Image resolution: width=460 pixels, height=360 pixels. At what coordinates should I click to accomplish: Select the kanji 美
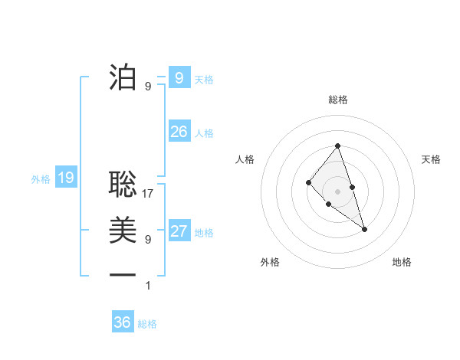tap(123, 230)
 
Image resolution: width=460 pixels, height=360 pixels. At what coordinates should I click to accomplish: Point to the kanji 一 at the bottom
tap(123, 274)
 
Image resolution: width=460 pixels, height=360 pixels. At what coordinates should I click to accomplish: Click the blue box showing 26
tap(179, 132)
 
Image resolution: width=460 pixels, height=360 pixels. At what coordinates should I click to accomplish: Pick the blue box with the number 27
tap(179, 231)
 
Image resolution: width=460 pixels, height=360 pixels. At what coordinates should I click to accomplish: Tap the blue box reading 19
tap(65, 178)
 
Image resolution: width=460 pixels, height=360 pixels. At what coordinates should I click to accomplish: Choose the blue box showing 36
tap(123, 322)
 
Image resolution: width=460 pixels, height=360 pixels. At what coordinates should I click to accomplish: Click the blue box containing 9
tap(179, 77)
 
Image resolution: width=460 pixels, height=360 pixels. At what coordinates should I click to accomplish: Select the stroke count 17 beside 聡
tap(149, 194)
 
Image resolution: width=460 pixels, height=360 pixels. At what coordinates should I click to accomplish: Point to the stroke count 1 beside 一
tap(148, 286)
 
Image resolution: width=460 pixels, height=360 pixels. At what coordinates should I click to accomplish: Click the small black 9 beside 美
tap(148, 240)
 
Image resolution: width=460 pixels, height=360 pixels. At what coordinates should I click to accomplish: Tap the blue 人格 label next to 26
tap(204, 133)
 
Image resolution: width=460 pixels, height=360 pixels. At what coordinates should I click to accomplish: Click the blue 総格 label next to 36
tap(147, 324)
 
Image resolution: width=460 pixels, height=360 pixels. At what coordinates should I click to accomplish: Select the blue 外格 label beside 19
tap(41, 180)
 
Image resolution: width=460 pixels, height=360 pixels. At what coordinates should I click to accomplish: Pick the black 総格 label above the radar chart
tap(337, 100)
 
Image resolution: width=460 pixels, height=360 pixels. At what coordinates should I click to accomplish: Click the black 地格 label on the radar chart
tap(402, 262)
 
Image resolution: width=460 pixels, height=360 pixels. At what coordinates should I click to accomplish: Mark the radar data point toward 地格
tap(364, 229)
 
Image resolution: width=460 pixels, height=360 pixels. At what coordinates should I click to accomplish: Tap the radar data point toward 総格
tap(337, 146)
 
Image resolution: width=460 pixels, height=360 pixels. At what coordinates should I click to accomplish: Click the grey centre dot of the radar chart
tap(337, 191)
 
